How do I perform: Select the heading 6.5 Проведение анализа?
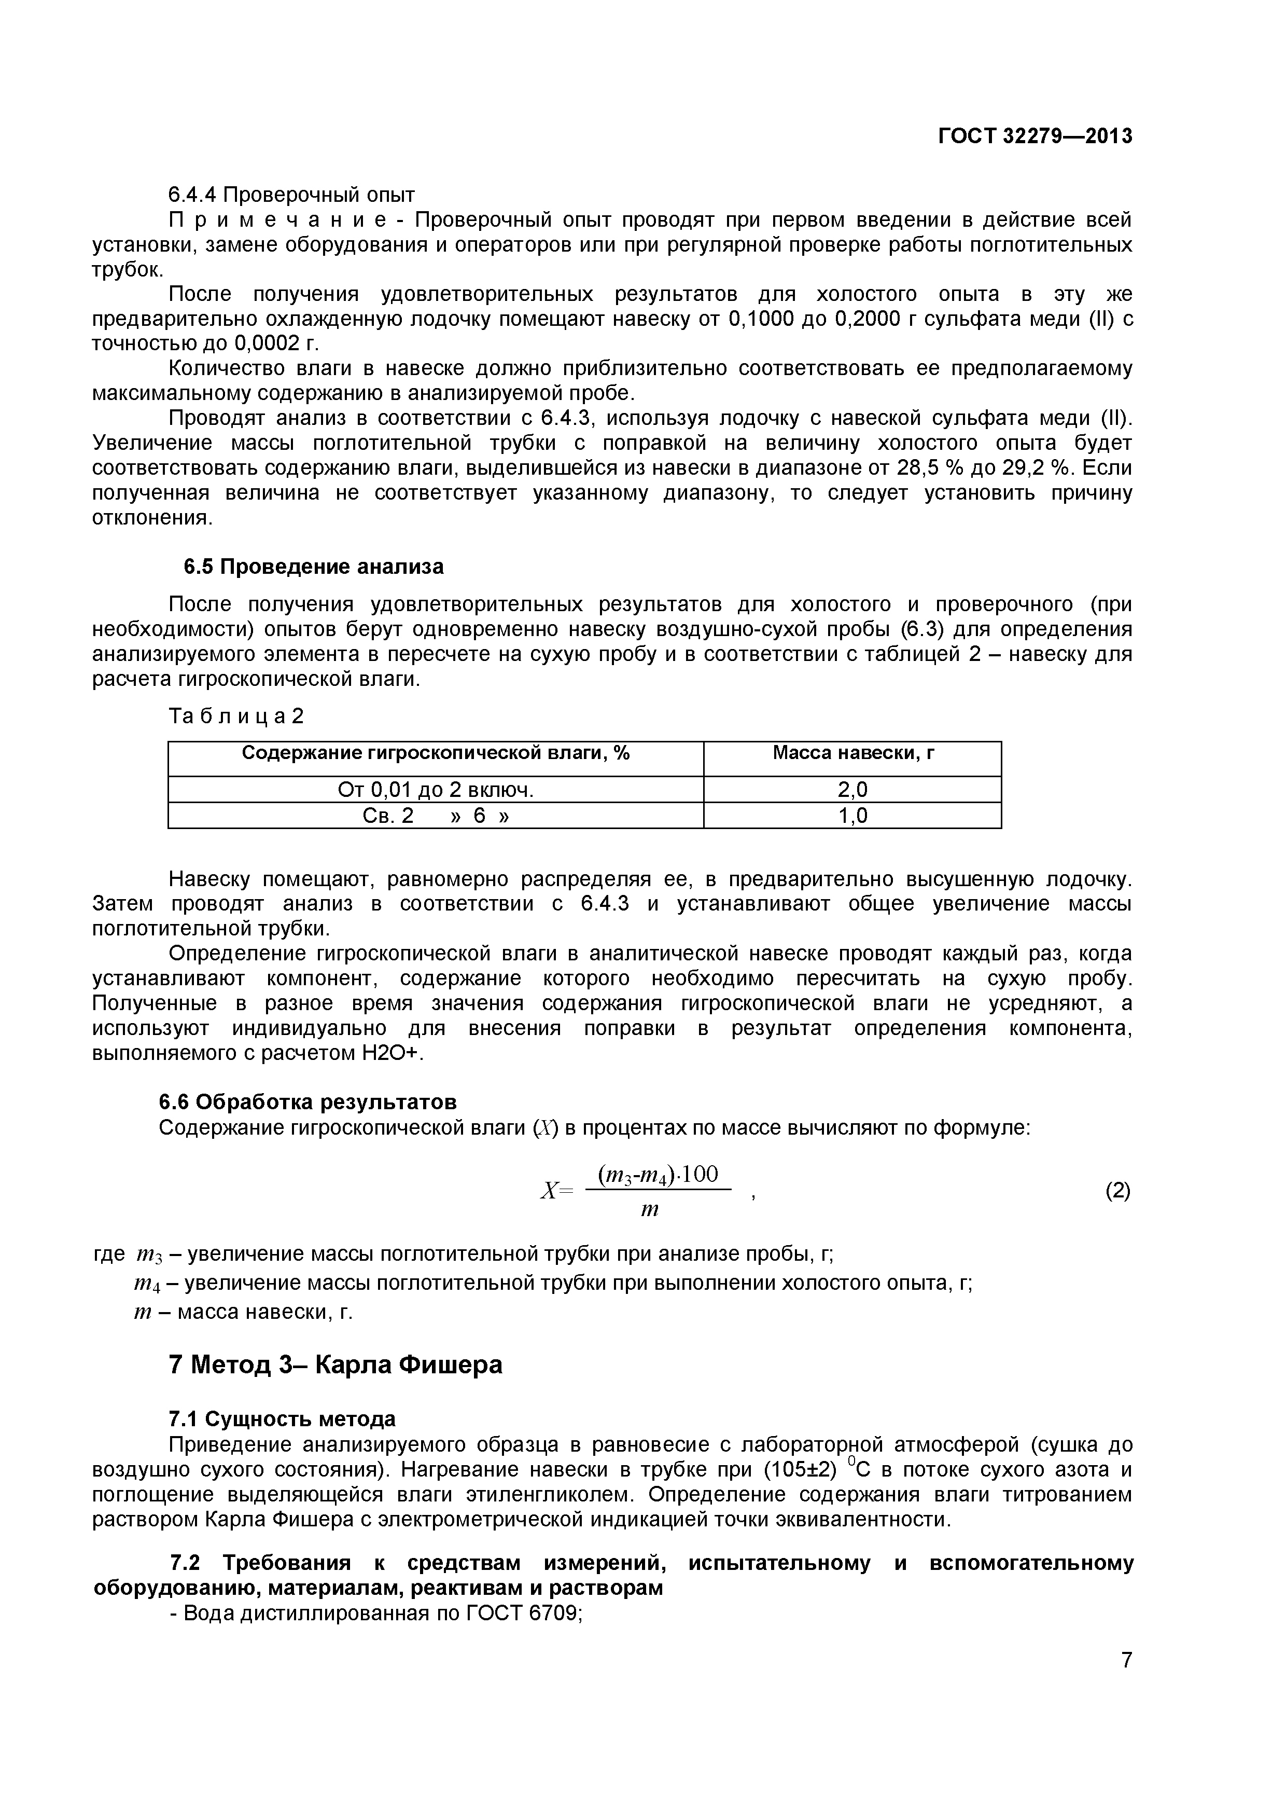314,567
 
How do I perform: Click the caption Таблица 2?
236,716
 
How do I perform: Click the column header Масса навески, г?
852,753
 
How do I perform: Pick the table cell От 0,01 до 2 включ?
435,790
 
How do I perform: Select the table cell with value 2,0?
852,790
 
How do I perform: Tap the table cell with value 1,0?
852,816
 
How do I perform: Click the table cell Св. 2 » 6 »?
435,816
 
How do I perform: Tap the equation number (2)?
1117,1191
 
